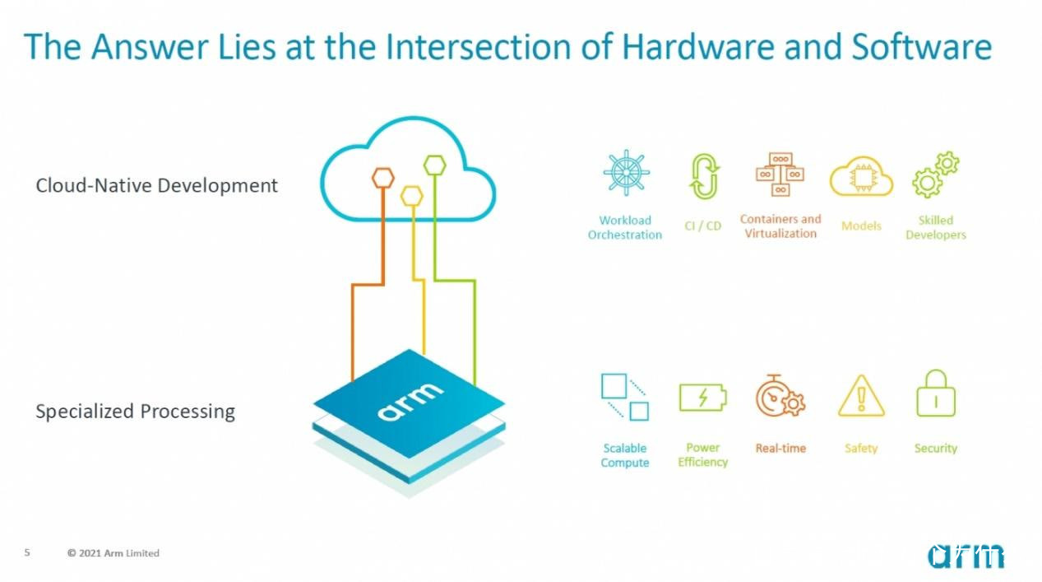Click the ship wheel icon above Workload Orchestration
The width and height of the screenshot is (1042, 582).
[626, 172]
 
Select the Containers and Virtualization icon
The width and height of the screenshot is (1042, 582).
[780, 175]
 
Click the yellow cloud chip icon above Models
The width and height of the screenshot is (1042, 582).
[861, 176]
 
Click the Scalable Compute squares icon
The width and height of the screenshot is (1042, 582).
[625, 397]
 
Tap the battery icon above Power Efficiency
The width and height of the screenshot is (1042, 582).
[703, 398]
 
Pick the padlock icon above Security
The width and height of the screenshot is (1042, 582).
[935, 393]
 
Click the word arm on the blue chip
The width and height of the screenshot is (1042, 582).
[410, 402]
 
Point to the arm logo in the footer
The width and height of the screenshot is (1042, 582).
[966, 556]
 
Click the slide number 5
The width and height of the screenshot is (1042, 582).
[27, 552]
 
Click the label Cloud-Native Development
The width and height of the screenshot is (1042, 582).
[156, 185]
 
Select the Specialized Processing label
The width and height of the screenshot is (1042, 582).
[136, 412]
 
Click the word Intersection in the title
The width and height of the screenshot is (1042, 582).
[479, 47]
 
